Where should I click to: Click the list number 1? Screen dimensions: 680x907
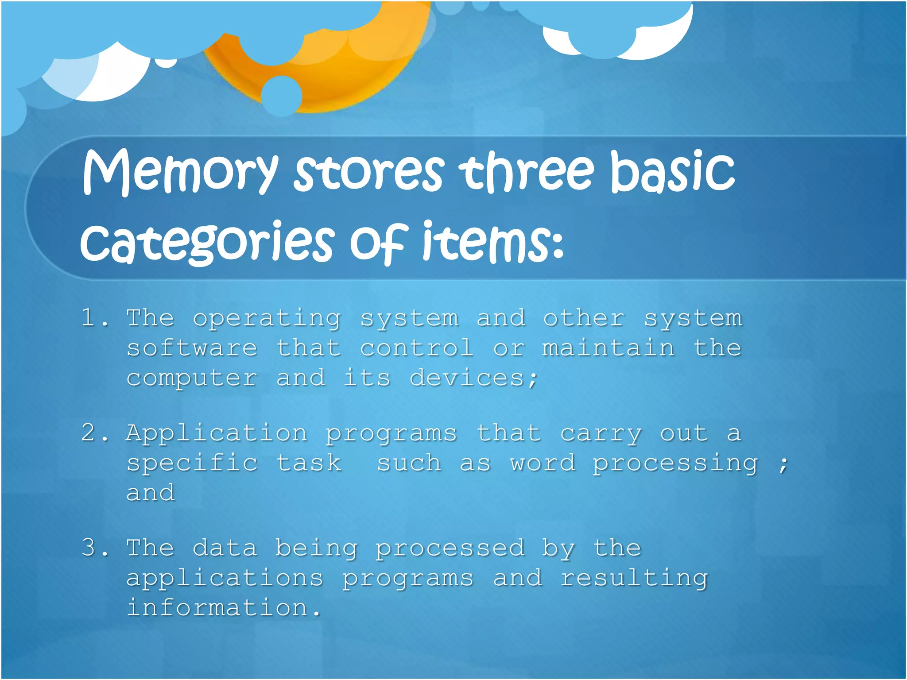(x=94, y=318)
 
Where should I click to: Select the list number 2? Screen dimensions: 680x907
(x=94, y=433)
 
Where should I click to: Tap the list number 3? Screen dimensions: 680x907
(x=94, y=548)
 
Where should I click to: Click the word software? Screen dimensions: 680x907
(x=192, y=348)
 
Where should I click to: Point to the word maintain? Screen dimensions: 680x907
(x=609, y=348)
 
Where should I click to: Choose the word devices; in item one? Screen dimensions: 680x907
(x=473, y=379)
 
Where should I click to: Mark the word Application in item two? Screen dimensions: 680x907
(x=217, y=433)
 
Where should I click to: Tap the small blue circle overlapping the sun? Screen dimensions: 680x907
(x=281, y=96)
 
